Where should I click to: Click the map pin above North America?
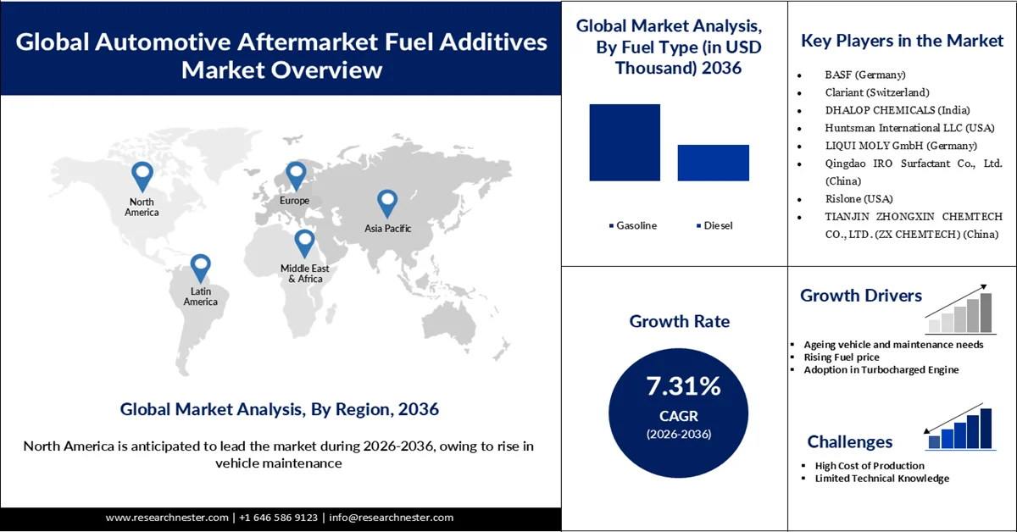point(142,176)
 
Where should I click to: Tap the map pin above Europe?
point(295,175)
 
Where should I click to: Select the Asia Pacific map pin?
point(387,203)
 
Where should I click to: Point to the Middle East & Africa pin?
point(304,243)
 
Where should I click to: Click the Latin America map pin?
point(200,268)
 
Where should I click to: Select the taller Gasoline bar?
point(625,142)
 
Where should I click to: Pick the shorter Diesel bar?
point(713,163)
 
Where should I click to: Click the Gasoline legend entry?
point(632,225)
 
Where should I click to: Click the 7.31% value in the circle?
point(683,387)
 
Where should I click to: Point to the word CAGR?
point(683,416)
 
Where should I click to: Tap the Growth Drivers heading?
point(861,296)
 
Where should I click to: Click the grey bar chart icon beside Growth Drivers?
point(959,308)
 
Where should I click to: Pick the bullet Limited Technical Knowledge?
point(881,479)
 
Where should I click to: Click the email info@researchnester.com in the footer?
point(392,518)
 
